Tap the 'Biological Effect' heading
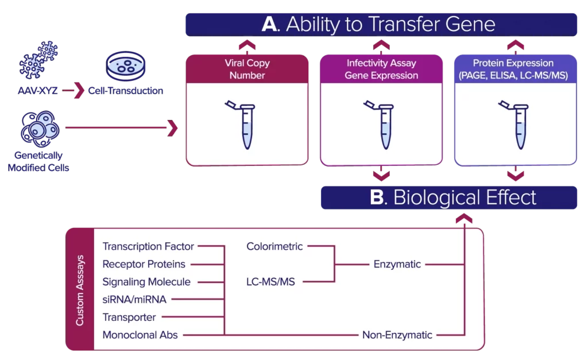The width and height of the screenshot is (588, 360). click(x=454, y=198)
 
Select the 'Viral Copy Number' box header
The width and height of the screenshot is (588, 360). click(x=247, y=69)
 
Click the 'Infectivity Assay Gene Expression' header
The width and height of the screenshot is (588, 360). click(x=381, y=69)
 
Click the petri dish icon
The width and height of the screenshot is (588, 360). click(x=127, y=64)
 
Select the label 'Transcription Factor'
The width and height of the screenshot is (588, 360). click(x=148, y=247)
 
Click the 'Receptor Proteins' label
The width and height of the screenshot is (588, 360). click(x=144, y=264)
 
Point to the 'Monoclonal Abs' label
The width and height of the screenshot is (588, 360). click(x=140, y=335)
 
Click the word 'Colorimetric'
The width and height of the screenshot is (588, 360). click(x=274, y=247)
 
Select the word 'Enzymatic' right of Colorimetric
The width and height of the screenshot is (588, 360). click(x=397, y=265)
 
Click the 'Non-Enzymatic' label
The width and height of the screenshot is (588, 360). click(x=397, y=335)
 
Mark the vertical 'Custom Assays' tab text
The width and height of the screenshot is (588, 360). click(x=80, y=290)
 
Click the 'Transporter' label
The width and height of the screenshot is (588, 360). click(x=129, y=317)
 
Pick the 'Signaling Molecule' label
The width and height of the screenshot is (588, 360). click(x=146, y=282)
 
